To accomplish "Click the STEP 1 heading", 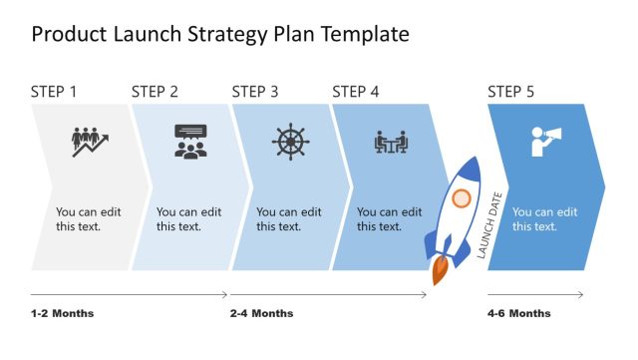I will click(55, 92).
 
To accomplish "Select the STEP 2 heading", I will click(156, 92).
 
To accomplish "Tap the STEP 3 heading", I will click(256, 92).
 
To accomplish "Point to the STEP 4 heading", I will click(356, 92).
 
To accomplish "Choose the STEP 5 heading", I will click(511, 92).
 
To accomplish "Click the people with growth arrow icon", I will click(90, 142).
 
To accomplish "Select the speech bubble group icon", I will click(189, 142).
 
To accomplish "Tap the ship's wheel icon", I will click(290, 142).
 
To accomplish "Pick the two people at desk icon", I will click(390, 143).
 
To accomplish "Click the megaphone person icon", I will click(545, 142).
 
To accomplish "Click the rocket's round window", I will click(460, 198).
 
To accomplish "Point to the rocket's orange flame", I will click(440, 268).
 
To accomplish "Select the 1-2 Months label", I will click(62, 313).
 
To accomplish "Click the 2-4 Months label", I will click(262, 313).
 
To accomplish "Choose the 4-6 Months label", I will click(518, 313).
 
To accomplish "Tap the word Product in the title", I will click(70, 34).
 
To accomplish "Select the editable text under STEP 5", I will click(544, 219).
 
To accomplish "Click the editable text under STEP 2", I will click(189, 219).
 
